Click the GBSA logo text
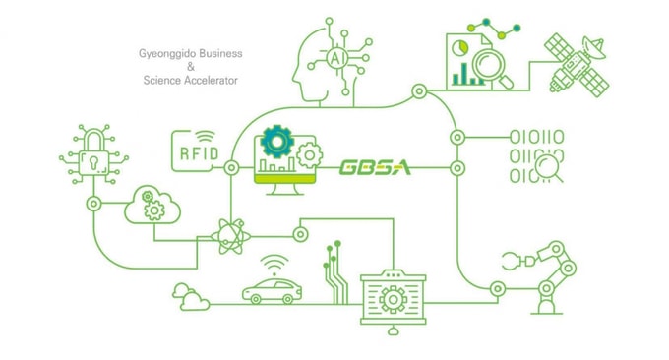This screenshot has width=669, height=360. pyautogui.click(x=375, y=167)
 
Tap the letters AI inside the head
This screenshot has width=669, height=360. pyautogui.click(x=337, y=58)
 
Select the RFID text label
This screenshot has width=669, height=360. pyautogui.click(x=200, y=153)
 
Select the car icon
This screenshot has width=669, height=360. pyautogui.click(x=272, y=290)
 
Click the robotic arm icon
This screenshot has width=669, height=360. pyautogui.click(x=541, y=277)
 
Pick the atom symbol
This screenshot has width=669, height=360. pyautogui.click(x=231, y=236)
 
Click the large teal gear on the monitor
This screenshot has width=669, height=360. pyautogui.click(x=276, y=142)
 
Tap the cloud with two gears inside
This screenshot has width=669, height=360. pyautogui.click(x=152, y=206)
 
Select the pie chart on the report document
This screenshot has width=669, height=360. pyautogui.click(x=460, y=47)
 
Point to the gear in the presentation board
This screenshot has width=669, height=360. pyautogui.click(x=393, y=299)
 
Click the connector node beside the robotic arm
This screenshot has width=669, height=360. pyautogui.click(x=498, y=289)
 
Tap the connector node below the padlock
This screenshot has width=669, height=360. pyautogui.click(x=93, y=204)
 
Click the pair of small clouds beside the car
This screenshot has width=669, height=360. pyautogui.click(x=190, y=297)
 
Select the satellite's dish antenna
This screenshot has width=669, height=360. pyautogui.click(x=593, y=47)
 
